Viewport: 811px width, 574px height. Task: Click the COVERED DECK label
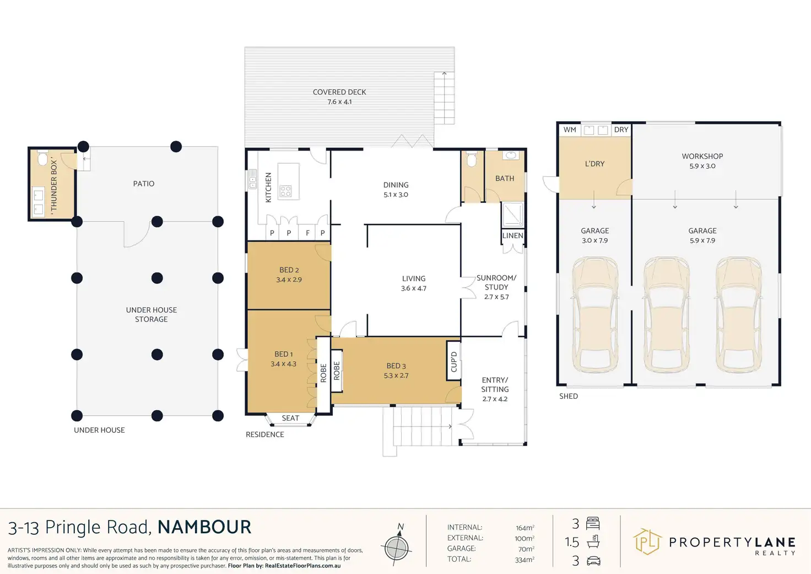[x=339, y=92]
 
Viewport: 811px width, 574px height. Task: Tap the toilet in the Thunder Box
[x=43, y=159]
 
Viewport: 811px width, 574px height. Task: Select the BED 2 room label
[x=289, y=270]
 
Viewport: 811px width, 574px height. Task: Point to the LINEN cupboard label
[x=512, y=235]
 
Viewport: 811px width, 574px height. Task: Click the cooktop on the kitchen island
[x=285, y=191]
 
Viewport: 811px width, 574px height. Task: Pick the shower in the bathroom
[x=513, y=214]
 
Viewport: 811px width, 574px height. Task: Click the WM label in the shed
[x=570, y=130]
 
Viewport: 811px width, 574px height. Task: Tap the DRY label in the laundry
[x=621, y=130]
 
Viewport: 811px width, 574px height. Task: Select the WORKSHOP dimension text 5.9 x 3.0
[x=702, y=166]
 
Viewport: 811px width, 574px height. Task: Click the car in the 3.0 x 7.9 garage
[x=595, y=314]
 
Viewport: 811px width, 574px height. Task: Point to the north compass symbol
[x=396, y=547]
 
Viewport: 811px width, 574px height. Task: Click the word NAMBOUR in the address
[x=204, y=527]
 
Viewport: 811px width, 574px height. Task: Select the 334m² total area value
[x=525, y=560]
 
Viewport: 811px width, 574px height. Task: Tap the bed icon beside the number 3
[x=593, y=523]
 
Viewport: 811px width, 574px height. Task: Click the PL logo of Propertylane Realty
[x=647, y=541]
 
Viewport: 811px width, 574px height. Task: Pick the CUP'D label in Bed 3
[x=454, y=362]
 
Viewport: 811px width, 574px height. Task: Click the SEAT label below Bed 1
[x=290, y=418]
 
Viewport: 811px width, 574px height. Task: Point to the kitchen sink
[x=253, y=180]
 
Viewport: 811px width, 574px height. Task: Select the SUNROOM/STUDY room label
[x=496, y=282]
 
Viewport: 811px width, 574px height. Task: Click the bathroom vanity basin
[x=511, y=155]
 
